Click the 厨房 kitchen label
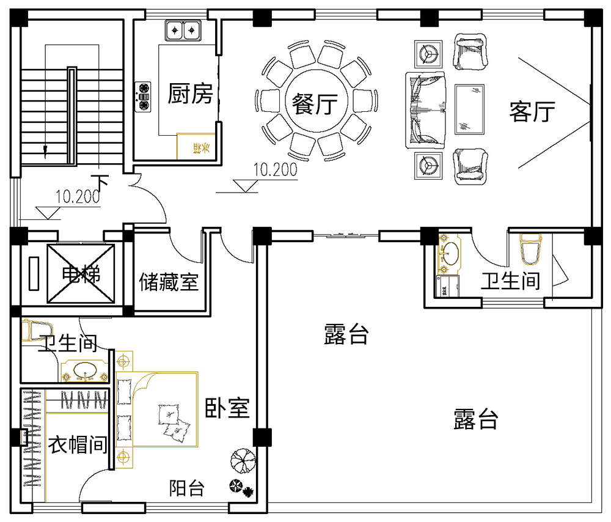pyautogui.click(x=191, y=94)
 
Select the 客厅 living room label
pyautogui.click(x=532, y=111)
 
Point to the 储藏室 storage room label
pyautogui.click(x=169, y=282)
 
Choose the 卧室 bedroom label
pyautogui.click(x=227, y=408)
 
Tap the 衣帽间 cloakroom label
pyautogui.click(x=78, y=444)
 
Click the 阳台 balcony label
pyautogui.click(x=186, y=488)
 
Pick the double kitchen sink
pyautogui.click(x=183, y=29)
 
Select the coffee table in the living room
pyautogui.click(x=470, y=109)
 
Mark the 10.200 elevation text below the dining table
pyautogui.click(x=275, y=170)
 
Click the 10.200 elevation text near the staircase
pyautogui.click(x=78, y=197)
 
